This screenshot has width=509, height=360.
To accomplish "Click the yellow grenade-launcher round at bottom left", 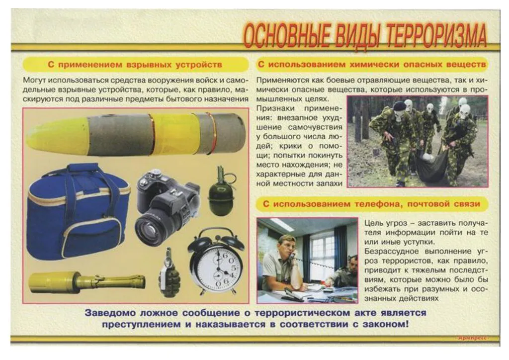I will coord(85,282).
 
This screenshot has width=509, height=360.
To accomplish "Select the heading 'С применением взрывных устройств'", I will coord(135,65).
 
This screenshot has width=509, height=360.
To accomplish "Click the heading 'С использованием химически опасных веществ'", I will coord(372,65).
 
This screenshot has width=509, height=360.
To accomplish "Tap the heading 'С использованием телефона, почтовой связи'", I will coord(372,204).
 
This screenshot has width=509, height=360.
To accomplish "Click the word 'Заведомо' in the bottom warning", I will coord(109,313).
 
